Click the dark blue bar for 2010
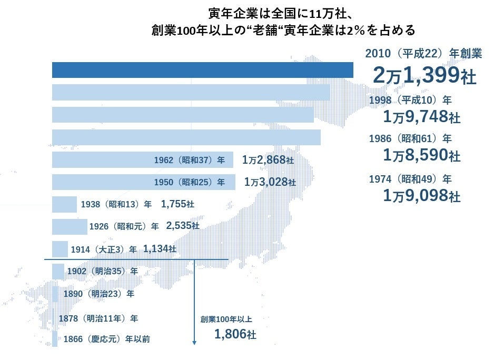pyautogui.click(x=202, y=70)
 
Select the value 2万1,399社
pyautogui.click(x=424, y=76)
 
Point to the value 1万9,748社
pyautogui.click(x=422, y=116)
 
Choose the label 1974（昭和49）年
pyautogui.click(x=410, y=179)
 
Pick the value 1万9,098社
pyautogui.click(x=422, y=196)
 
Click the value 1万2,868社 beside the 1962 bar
pyautogui.click(x=268, y=160)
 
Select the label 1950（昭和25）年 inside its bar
pyautogui.click(x=190, y=182)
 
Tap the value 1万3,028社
pyautogui.click(x=270, y=182)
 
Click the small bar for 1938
pyautogui.click(x=64, y=204)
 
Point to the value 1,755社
pyautogui.click(x=177, y=204)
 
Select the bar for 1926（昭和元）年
pyautogui.click(x=70, y=226)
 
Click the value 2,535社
pyautogui.click(x=182, y=226)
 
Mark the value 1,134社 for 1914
pyautogui.click(x=160, y=248)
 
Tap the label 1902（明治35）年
pyautogui.click(x=103, y=272)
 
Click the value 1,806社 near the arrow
pyautogui.click(x=235, y=334)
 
